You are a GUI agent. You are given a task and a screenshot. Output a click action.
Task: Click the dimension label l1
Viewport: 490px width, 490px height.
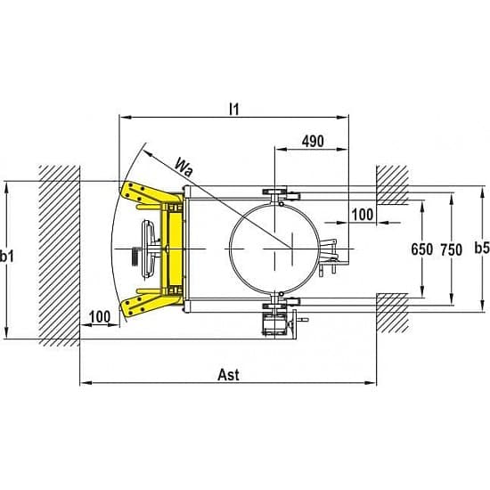(234, 109)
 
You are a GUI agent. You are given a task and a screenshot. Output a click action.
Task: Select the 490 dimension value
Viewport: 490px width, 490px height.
(313, 142)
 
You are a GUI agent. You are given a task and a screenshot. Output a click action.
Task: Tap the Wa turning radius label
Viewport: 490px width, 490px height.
(184, 167)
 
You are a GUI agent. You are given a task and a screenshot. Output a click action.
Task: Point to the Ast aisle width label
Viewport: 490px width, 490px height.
(228, 375)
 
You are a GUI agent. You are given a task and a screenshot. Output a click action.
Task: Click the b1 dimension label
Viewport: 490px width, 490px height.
(7, 257)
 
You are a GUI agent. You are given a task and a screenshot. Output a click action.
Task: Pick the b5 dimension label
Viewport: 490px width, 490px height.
(482, 249)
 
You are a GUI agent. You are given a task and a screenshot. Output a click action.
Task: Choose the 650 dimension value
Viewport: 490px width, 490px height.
(422, 249)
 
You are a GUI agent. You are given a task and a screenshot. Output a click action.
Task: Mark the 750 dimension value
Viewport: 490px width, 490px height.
(452, 250)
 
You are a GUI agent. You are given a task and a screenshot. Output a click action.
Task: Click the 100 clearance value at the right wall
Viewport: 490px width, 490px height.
(363, 215)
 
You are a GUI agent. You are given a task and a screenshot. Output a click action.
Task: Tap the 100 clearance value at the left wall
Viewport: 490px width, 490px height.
(100, 317)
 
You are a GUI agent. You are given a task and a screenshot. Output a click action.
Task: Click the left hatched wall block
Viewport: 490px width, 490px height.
(60, 256)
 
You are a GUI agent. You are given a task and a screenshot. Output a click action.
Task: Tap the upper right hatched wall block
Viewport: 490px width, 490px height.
(393, 185)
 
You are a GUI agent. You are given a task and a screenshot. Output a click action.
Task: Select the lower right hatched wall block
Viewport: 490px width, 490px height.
(393, 313)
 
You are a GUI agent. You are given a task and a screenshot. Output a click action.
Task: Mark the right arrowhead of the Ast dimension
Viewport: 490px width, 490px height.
(371, 382)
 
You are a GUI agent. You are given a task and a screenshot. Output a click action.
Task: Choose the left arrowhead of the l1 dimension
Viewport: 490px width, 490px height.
(126, 118)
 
